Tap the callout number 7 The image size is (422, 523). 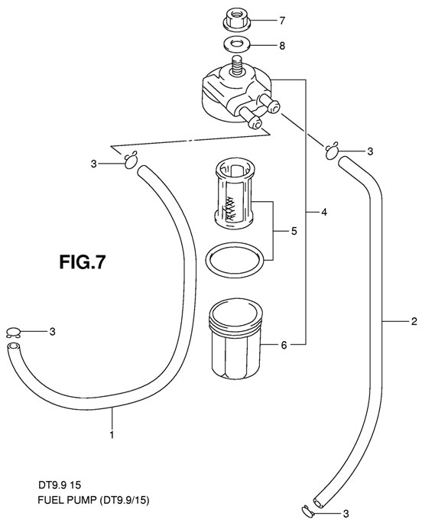pyautogui.click(x=281, y=19)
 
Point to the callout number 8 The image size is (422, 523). pyautogui.click(x=281, y=46)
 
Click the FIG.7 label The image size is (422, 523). pyautogui.click(x=82, y=261)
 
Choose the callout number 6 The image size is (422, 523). pyautogui.click(x=283, y=346)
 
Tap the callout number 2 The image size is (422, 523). pyautogui.click(x=414, y=321)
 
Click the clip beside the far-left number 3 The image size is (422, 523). pyautogui.click(x=13, y=332)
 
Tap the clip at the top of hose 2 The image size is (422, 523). pyautogui.click(x=333, y=149)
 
